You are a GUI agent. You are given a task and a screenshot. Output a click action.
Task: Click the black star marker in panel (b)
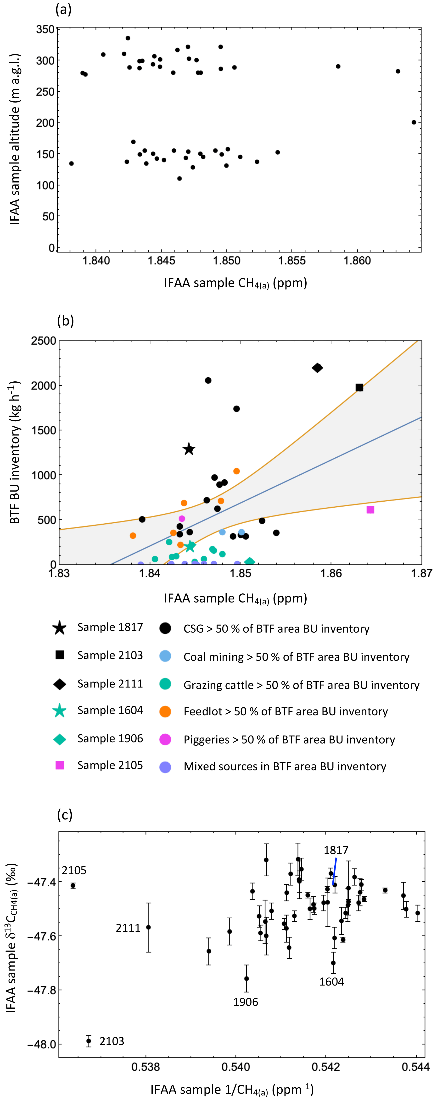(189, 449)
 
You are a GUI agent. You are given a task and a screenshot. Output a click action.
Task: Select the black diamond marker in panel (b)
(317, 368)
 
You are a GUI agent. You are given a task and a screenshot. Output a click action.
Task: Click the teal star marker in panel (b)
(190, 546)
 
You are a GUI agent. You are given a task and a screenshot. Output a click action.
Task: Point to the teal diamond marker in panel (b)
(250, 562)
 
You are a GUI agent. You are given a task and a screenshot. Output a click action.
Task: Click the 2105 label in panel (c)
(74, 870)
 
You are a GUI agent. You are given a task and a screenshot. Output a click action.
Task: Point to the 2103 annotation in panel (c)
(112, 1041)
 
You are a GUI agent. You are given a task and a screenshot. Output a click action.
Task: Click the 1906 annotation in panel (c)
(246, 1002)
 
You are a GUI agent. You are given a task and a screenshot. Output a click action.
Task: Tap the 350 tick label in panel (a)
(45, 29)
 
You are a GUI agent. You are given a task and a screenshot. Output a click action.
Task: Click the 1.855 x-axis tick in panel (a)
(292, 260)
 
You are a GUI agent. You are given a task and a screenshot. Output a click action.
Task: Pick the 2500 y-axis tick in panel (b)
(44, 341)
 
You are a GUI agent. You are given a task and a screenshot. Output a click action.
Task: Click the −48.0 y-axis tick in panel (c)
(39, 1044)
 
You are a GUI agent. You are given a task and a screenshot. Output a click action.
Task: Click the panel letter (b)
(65, 321)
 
